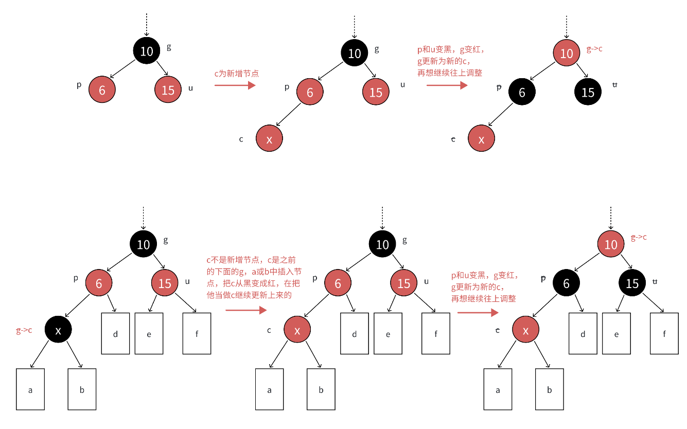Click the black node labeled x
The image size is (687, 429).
(58, 330)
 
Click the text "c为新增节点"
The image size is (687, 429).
(236, 74)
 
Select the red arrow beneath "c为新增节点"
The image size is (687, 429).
(235, 85)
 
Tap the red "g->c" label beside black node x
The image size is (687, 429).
(24, 330)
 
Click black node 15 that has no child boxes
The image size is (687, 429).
(588, 92)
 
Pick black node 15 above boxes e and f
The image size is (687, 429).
(632, 283)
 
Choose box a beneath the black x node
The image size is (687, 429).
(30, 389)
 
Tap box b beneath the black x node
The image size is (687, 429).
(82, 389)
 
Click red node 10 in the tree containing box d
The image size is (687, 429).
(611, 244)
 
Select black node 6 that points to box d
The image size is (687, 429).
(567, 283)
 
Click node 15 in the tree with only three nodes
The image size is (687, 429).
(168, 90)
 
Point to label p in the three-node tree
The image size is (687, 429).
(79, 85)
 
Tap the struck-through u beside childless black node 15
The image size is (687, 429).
(614, 85)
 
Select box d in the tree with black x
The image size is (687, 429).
(115, 334)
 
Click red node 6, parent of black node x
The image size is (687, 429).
(99, 283)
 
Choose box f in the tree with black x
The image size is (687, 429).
(197, 334)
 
